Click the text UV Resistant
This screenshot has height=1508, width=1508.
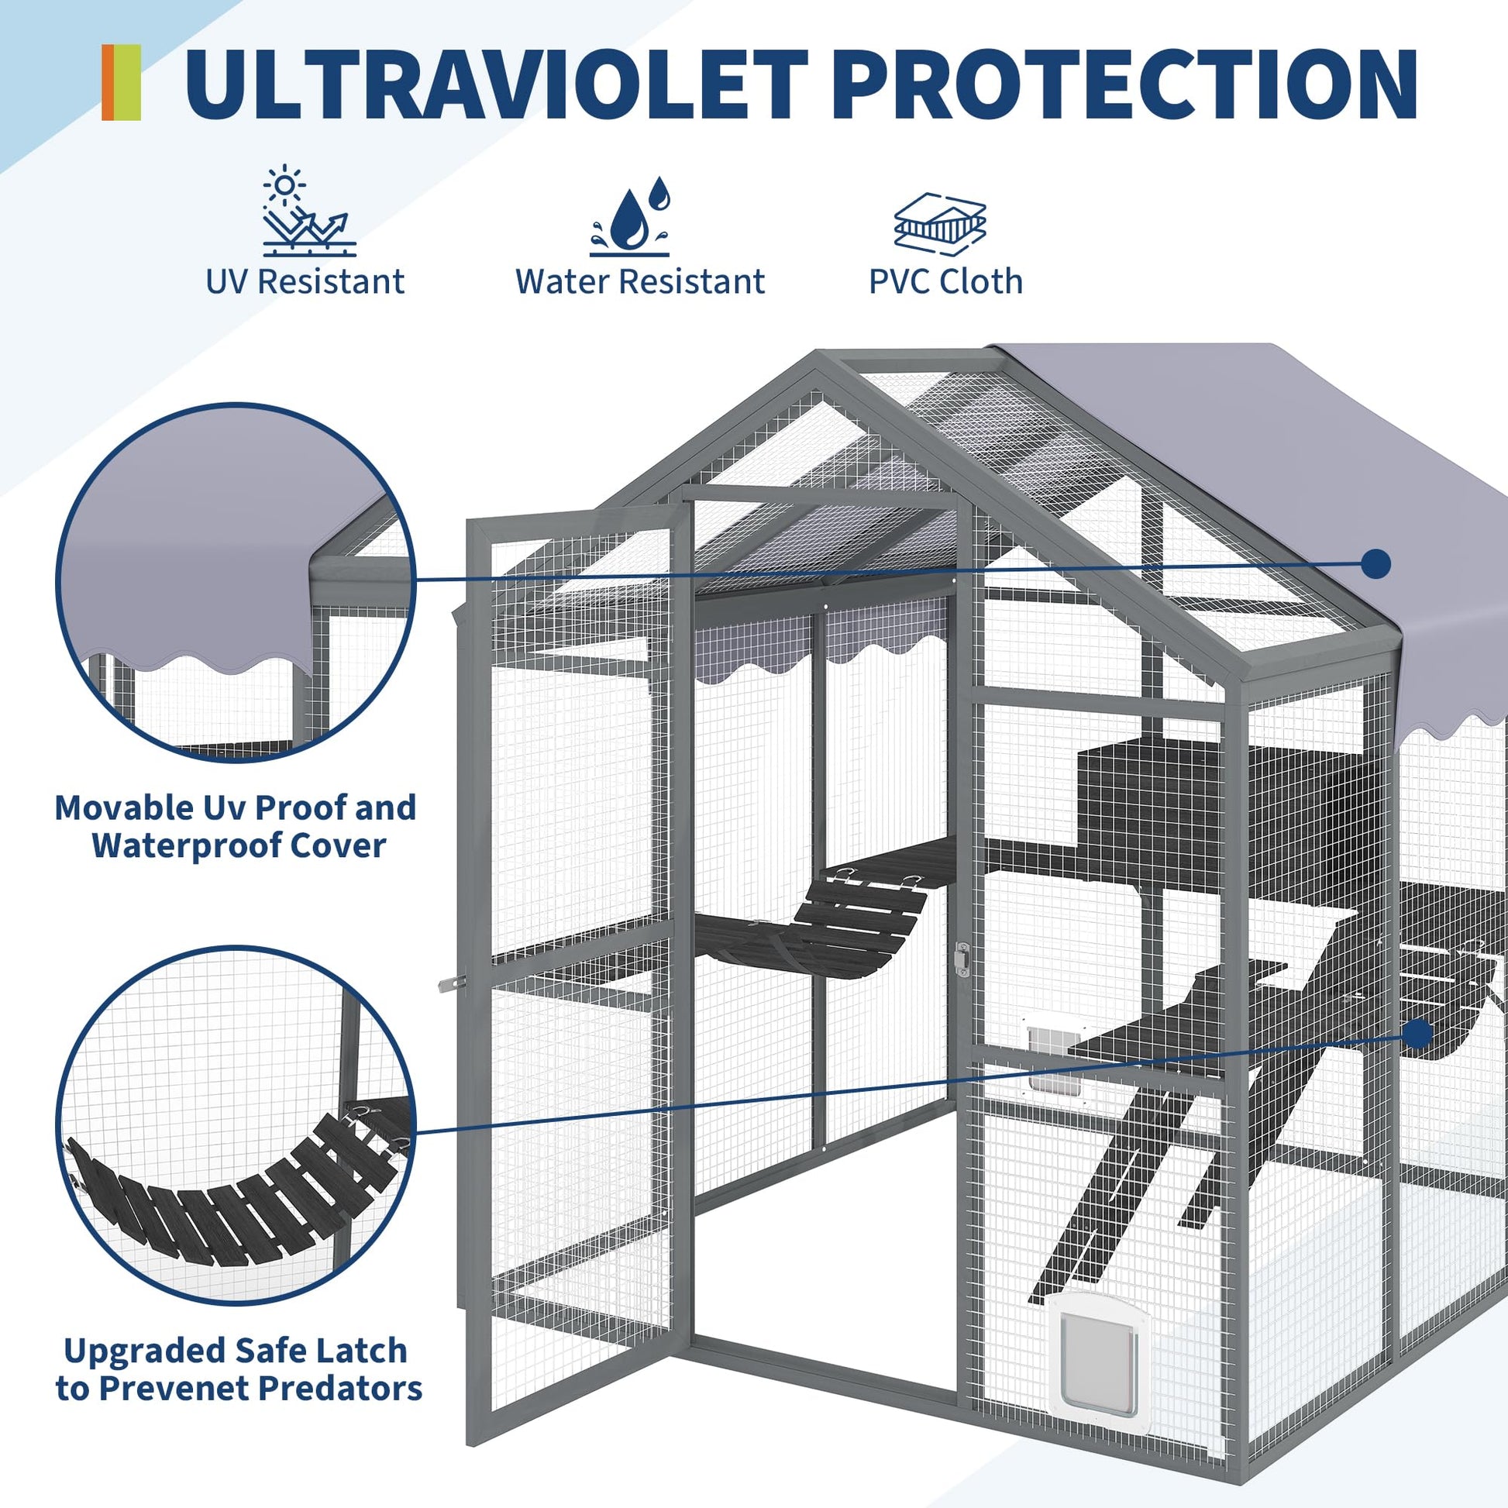pyautogui.click(x=305, y=282)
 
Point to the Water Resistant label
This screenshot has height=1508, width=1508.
pyautogui.click(x=640, y=282)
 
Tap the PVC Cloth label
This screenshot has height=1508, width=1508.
pyautogui.click(x=946, y=282)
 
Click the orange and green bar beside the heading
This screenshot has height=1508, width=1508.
pyautogui.click(x=121, y=83)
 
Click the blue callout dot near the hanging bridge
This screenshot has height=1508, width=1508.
pyautogui.click(x=1418, y=1035)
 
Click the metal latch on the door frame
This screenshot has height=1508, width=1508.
pyautogui.click(x=963, y=959)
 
